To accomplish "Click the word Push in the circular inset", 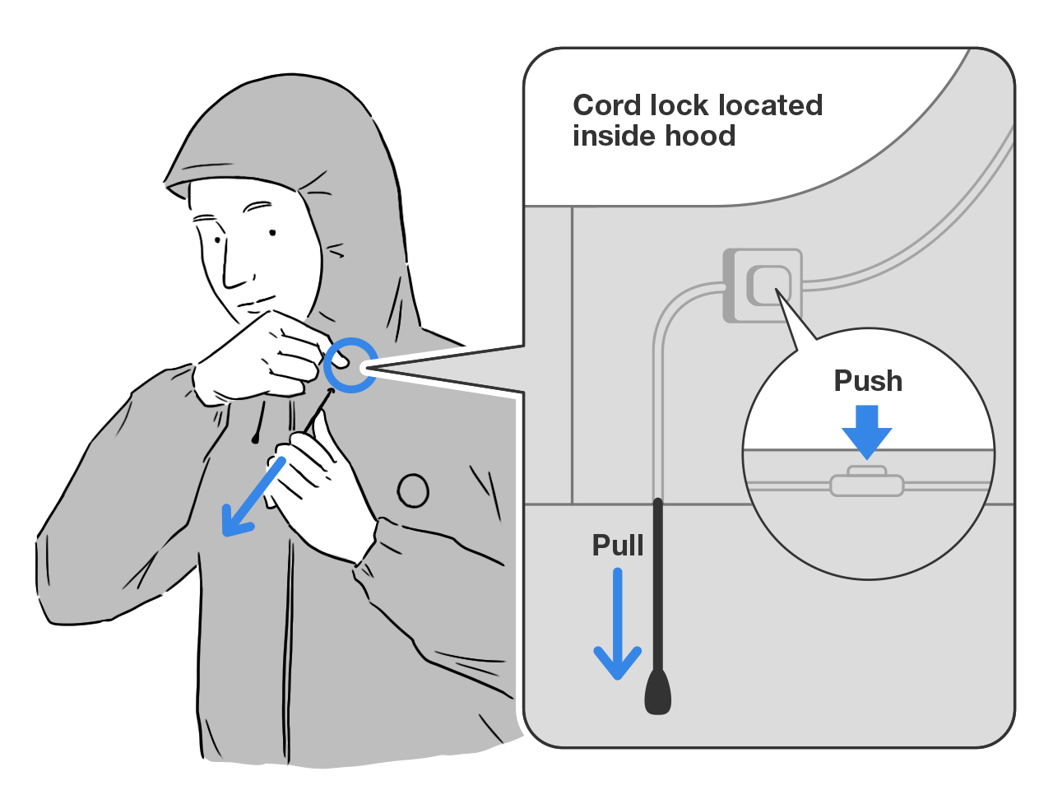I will pos(868,381).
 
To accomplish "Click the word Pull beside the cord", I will pos(618,546).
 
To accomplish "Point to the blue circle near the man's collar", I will pos(350,365).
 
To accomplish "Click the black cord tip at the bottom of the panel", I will pos(657,691).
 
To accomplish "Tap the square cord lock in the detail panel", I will pos(763,286).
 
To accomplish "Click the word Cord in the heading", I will pos(607,105).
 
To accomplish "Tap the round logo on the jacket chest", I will pos(413,490).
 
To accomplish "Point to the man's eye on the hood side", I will pos(271,233).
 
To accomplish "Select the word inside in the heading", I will pos(610,136).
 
